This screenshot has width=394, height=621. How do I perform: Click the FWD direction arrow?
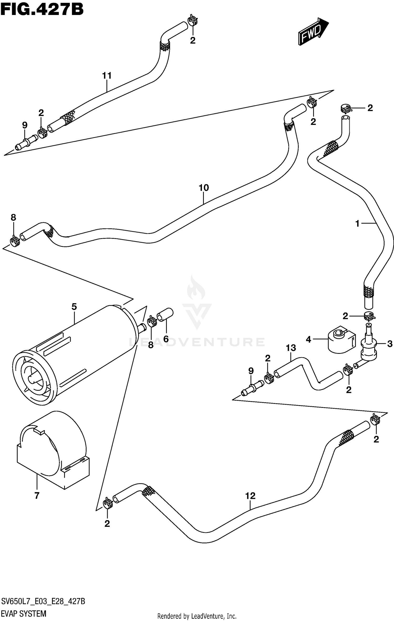tap(313, 31)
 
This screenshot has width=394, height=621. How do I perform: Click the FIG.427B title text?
tap(42, 10)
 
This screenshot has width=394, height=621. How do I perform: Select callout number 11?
tap(107, 76)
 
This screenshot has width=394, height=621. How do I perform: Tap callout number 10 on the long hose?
tap(204, 188)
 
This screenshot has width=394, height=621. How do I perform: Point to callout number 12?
tap(250, 496)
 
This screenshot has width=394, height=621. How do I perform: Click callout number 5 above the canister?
tap(74, 307)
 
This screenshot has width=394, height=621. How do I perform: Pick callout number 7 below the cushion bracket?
tap(37, 496)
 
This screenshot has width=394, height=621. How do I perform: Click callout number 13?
tap(291, 348)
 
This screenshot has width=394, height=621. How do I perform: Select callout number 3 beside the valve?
tap(390, 344)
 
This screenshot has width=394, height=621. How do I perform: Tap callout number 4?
tap(308, 340)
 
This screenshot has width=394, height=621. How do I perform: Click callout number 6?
tap(166, 339)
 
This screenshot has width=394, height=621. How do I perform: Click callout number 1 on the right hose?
tap(357, 224)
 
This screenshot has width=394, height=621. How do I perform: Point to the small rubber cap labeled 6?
tap(165, 314)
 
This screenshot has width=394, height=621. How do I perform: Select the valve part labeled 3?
tap(369, 346)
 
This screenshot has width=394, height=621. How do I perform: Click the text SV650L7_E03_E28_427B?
tap(43, 599)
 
